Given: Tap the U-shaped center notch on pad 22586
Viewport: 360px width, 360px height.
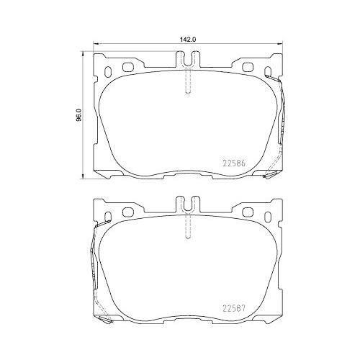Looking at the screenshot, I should click(x=186, y=58).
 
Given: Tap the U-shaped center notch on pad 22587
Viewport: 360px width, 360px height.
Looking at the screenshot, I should click(x=186, y=204).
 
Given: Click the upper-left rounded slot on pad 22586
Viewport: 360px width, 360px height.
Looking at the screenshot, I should click(x=130, y=68).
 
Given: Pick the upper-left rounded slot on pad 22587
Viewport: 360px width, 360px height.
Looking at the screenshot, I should click(x=130, y=212).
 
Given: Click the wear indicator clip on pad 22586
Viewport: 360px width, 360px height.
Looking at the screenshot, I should click(x=281, y=122).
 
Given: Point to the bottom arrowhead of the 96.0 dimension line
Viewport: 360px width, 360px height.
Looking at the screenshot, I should click(x=84, y=176).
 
